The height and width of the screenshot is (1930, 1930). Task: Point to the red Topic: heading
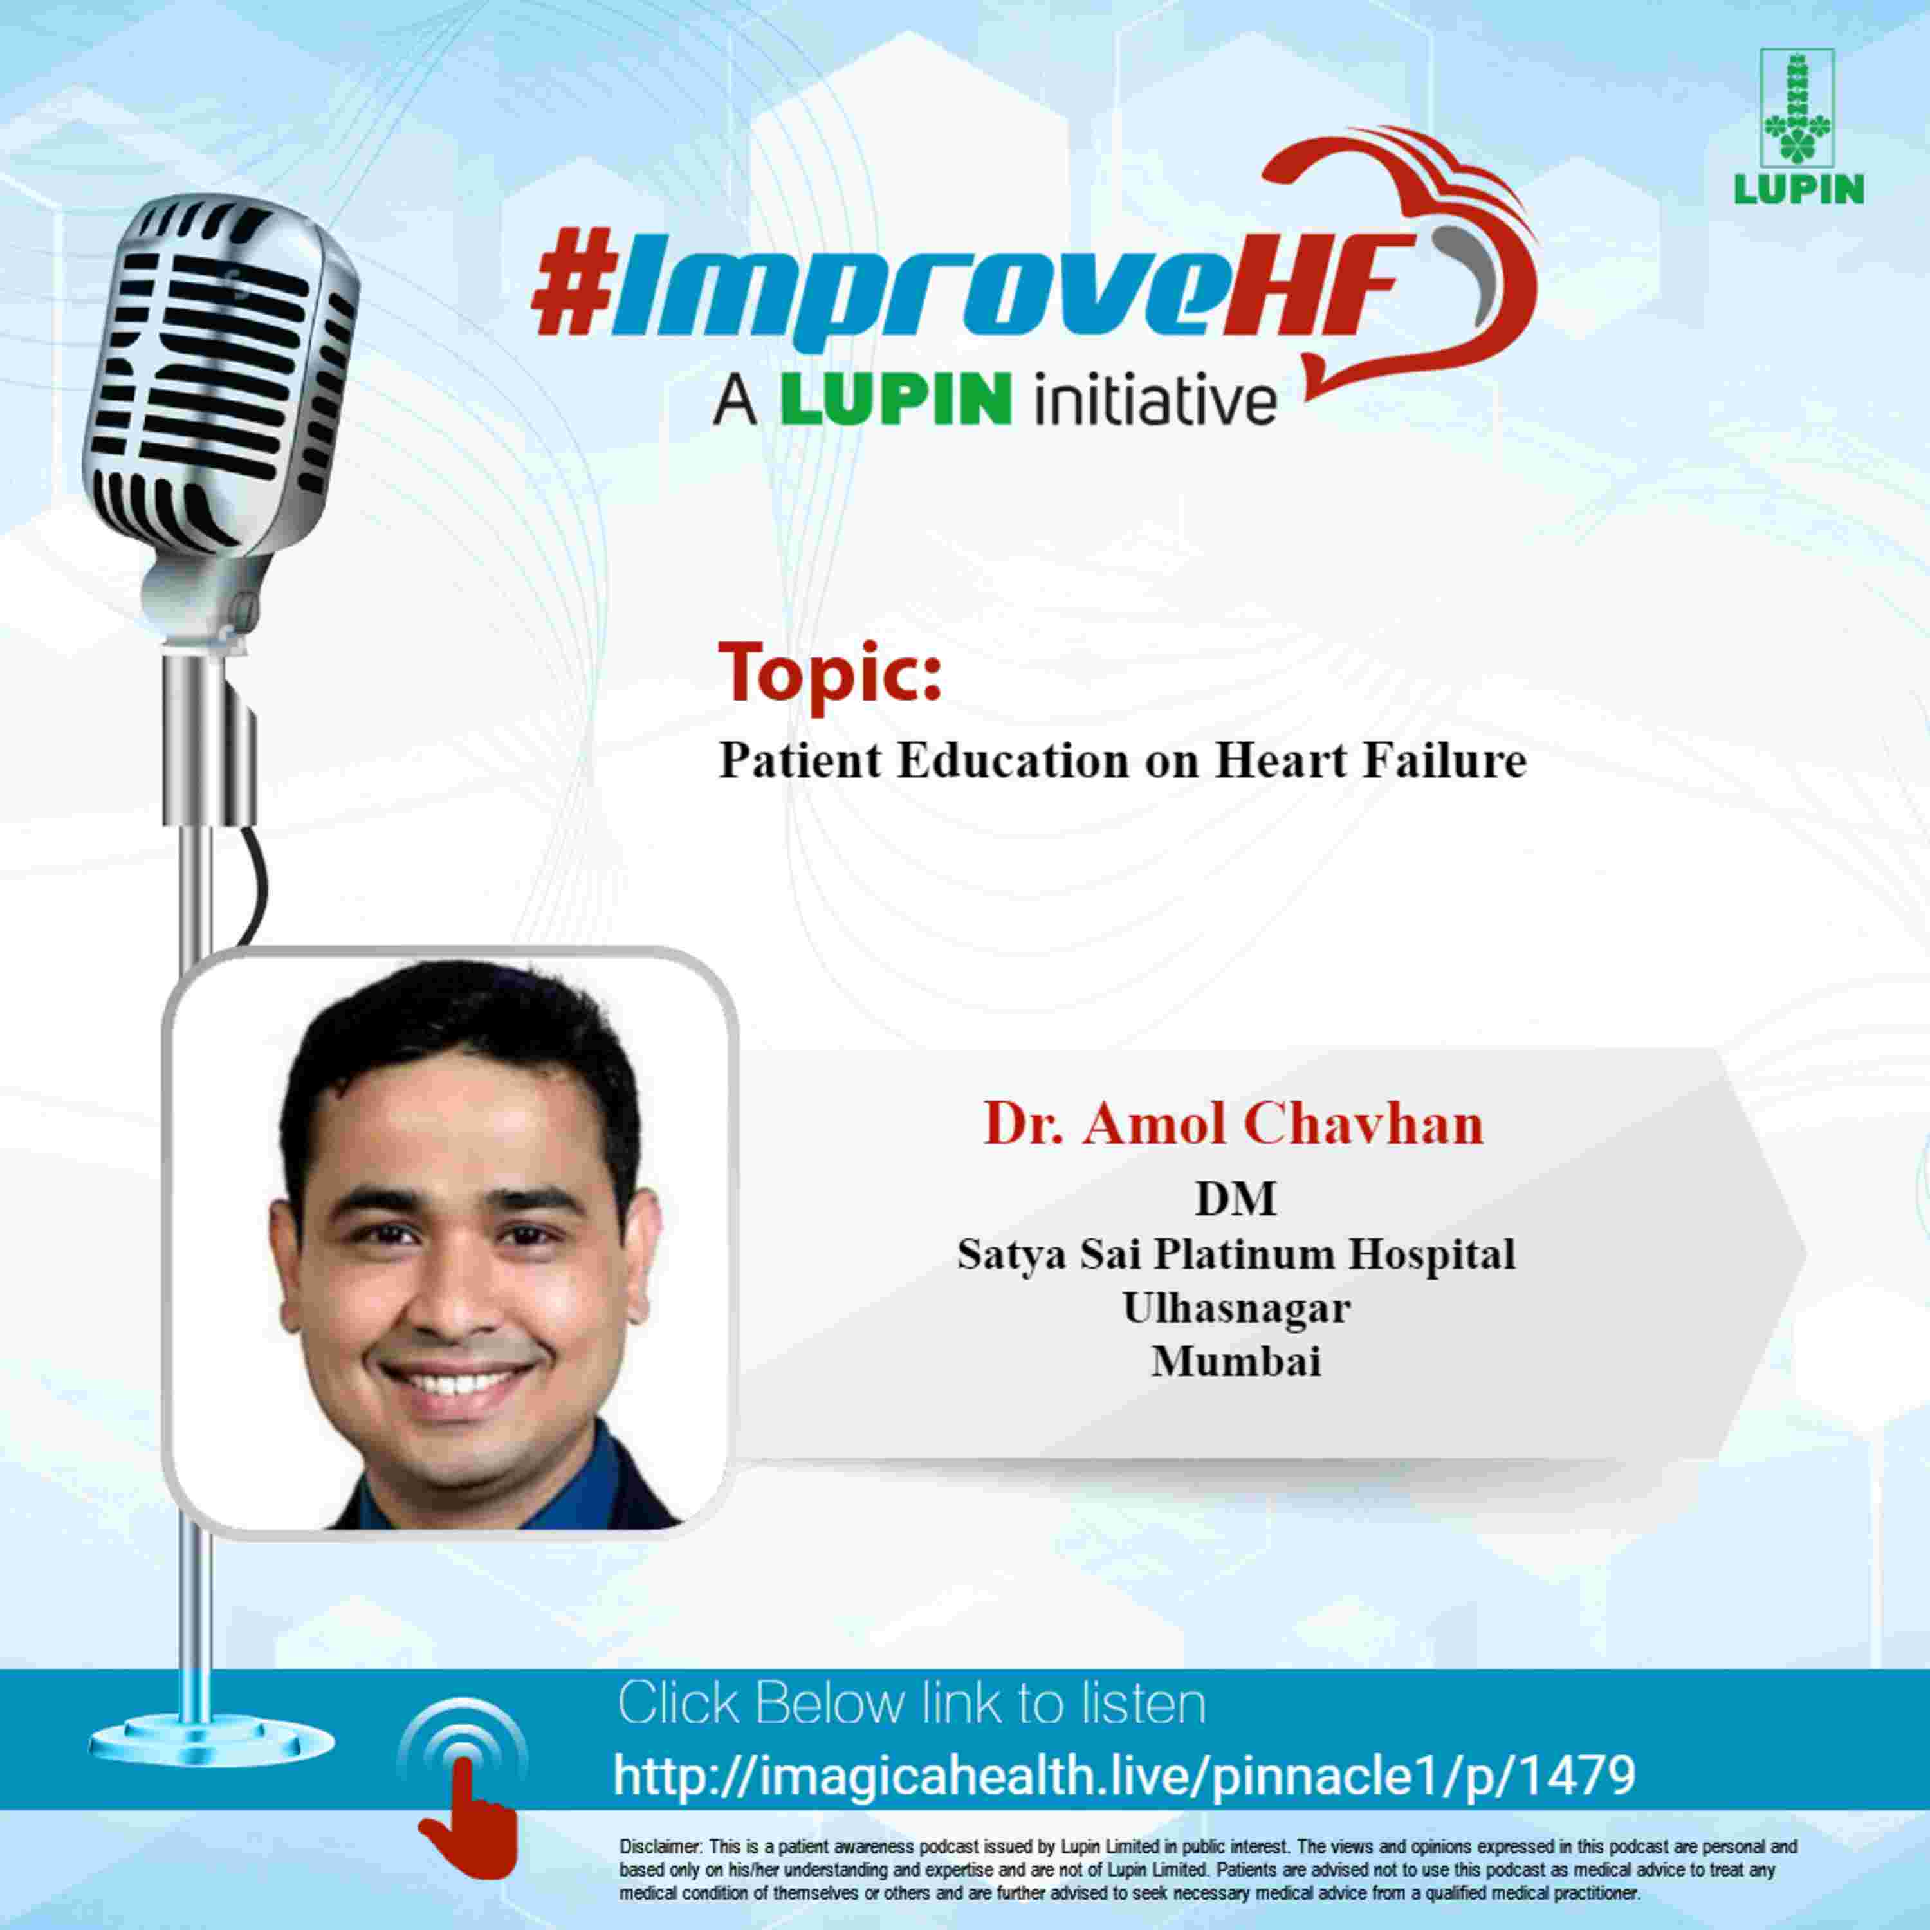click(829, 674)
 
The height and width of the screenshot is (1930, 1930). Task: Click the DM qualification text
click(1236, 1199)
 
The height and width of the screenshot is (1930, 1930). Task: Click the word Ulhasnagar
click(1236, 1308)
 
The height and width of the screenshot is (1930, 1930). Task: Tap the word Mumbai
click(1236, 1361)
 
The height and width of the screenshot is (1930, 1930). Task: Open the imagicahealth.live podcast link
click(1124, 1774)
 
